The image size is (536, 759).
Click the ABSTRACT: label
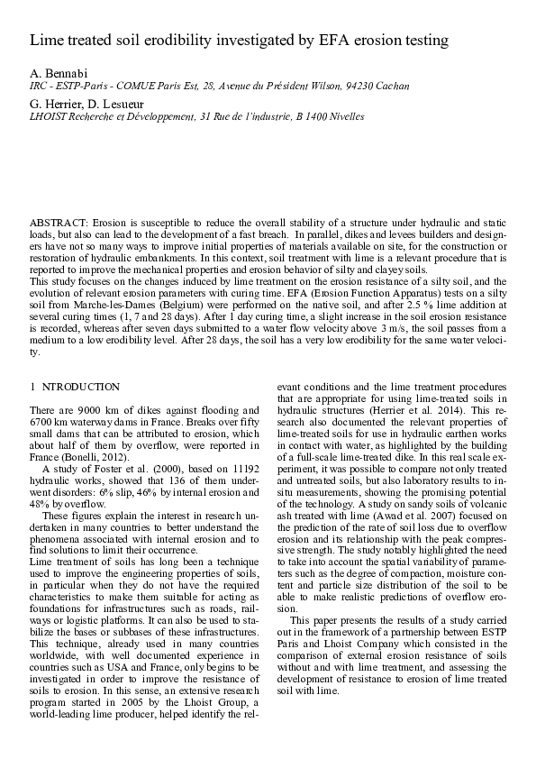click(59, 221)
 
